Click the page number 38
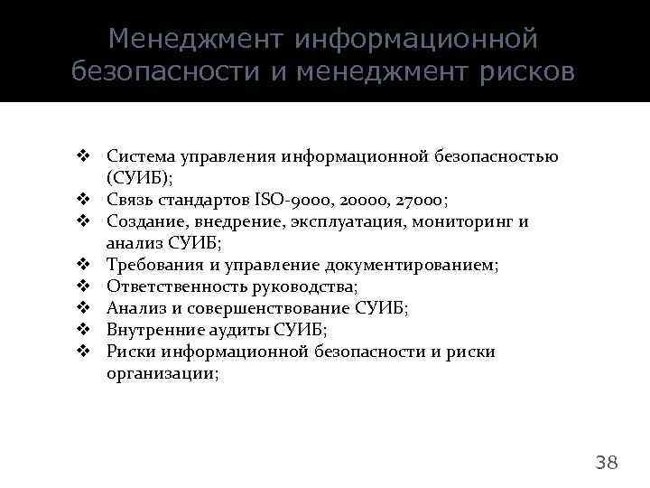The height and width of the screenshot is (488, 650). [607, 463]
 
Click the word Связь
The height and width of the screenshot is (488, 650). [132, 200]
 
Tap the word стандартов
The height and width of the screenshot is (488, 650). [207, 200]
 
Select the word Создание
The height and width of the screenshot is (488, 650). [143, 221]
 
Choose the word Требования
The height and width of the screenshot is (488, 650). [153, 265]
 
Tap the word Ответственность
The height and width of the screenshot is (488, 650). [171, 286]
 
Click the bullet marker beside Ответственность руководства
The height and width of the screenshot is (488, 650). [81, 286]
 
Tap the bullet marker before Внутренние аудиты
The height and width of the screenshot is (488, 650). [81, 330]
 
